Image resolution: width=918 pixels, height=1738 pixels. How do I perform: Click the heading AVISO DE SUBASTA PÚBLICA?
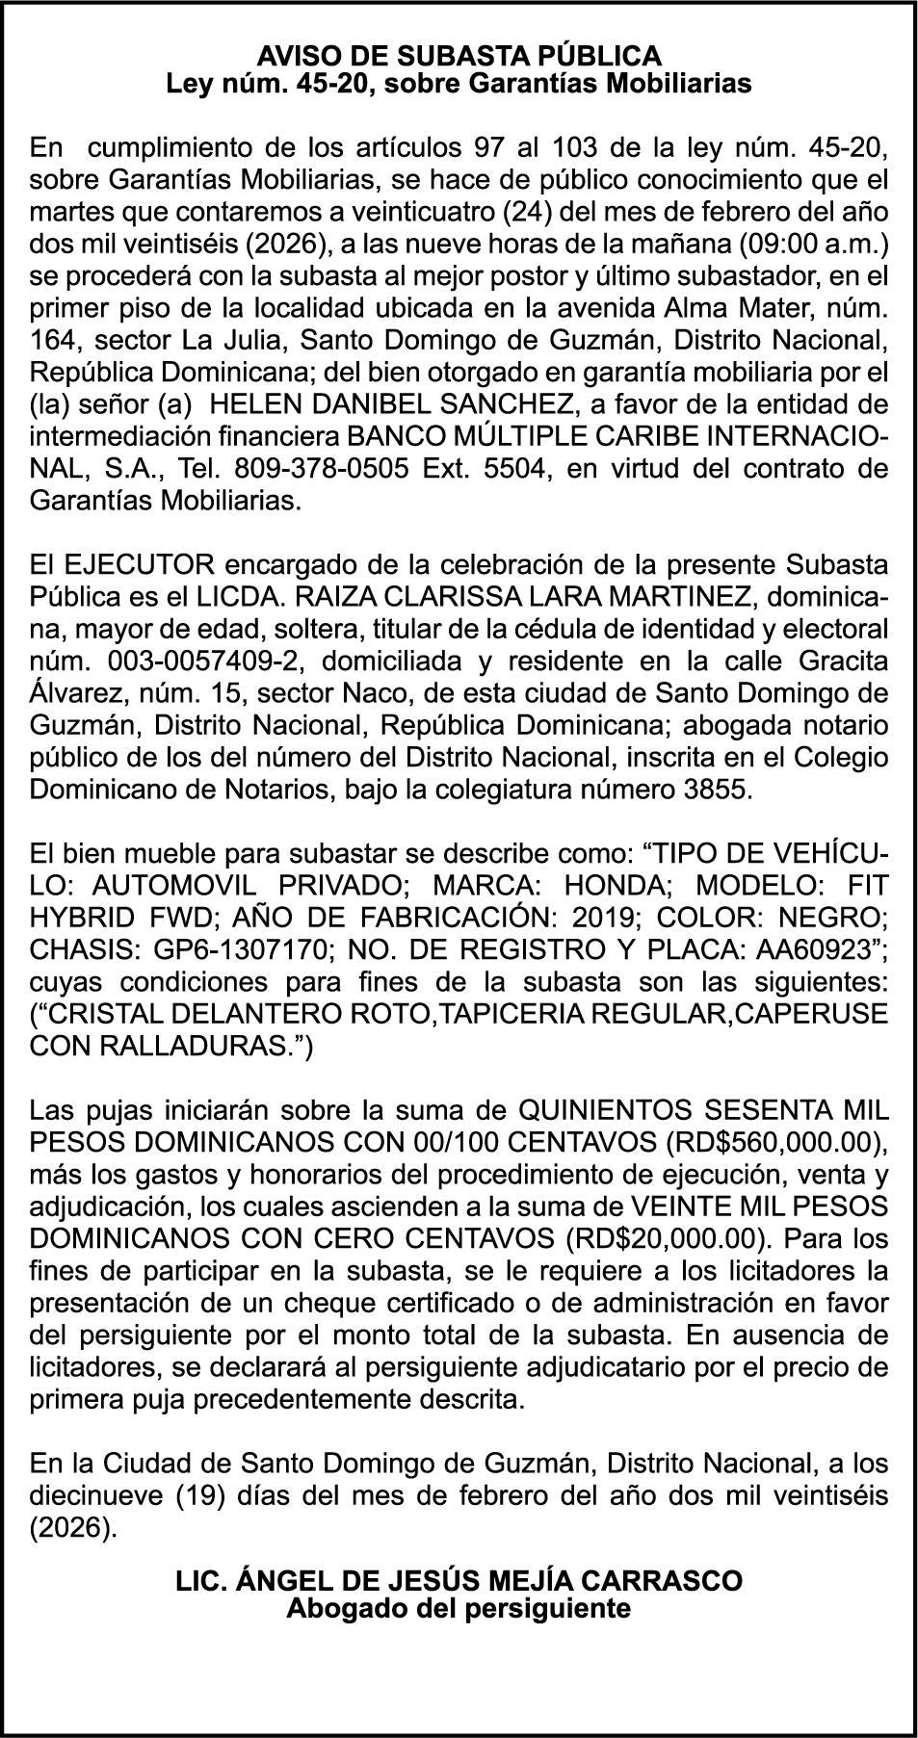[459, 55]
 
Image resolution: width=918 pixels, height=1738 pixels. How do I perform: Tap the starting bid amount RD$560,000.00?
[774, 1143]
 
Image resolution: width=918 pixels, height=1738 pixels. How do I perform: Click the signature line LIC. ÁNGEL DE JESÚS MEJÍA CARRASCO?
[459, 1580]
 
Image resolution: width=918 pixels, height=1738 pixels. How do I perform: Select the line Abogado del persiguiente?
[459, 1607]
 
